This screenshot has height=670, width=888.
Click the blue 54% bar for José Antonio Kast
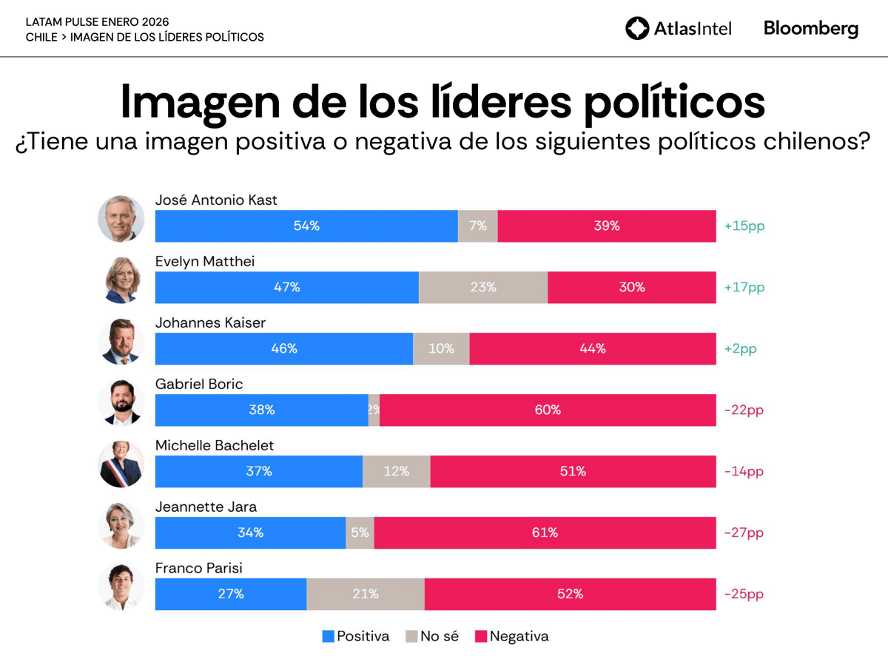coord(306,226)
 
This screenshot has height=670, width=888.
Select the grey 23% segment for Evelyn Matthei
coord(483,287)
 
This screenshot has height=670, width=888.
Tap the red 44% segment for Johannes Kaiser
coord(592,348)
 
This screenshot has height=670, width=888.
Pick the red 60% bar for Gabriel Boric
coord(548,410)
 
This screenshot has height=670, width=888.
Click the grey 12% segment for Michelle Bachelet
coord(396,471)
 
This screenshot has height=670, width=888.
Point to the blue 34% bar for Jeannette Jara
coord(250,532)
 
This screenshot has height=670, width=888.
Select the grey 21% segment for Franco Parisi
coord(366,594)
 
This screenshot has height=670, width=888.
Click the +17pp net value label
coord(744,287)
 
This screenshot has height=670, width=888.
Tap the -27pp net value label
coord(744,532)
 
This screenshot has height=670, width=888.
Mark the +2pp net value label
coord(740,348)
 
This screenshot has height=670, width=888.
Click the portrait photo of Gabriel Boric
coord(121,403)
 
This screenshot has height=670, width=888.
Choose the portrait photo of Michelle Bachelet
coord(121,464)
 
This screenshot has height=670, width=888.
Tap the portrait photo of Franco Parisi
coord(121,587)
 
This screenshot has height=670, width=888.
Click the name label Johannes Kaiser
coord(210,323)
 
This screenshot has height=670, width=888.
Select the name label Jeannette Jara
coord(206,507)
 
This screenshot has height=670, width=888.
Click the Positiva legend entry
coord(356,636)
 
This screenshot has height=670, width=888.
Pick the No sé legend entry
coord(432,636)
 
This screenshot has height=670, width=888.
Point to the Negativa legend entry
coord(511,636)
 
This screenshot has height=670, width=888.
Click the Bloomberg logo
coord(811,29)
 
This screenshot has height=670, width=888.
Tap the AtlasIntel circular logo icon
coord(636,29)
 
